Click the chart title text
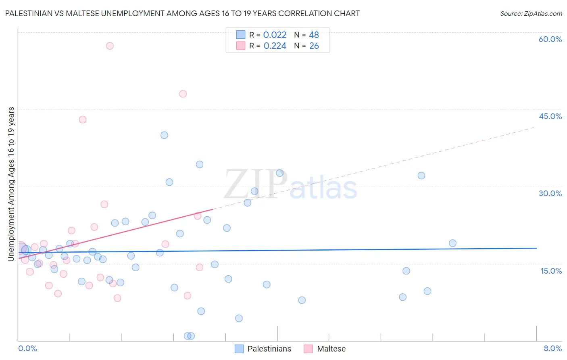[182, 13]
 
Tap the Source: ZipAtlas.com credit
[531, 13]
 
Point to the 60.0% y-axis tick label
[550, 39]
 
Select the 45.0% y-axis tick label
[550, 116]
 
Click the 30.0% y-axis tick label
[550, 193]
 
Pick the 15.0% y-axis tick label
[551, 271]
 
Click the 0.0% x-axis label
[27, 348]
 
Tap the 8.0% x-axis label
[552, 348]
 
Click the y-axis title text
[11, 184]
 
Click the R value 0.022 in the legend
[275, 35]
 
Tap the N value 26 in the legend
[314, 46]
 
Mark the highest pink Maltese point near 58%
[110, 46]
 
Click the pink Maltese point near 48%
[183, 94]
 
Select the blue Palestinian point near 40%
[164, 135]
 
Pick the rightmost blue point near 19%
[452, 243]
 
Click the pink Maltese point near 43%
[83, 119]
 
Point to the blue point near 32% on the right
[421, 176]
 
